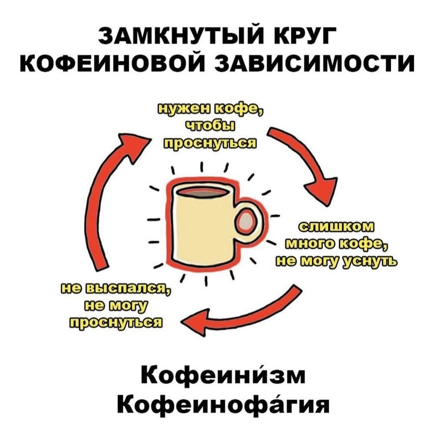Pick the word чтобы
point(210,127)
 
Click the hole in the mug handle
point(249,221)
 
